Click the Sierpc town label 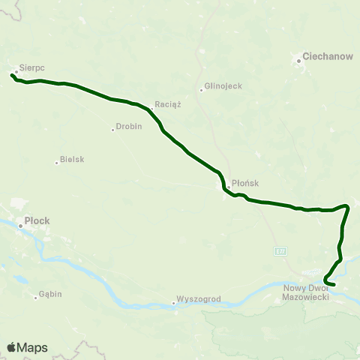click(x=32, y=67)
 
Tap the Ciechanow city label click(x=318, y=57)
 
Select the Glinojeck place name click(x=223, y=86)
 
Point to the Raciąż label click(x=168, y=104)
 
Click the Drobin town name click(x=128, y=127)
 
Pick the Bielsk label click(x=72, y=160)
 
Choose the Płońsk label click(x=245, y=181)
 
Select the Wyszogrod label click(x=199, y=298)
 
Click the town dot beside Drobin click(x=112, y=129)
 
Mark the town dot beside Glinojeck click(x=201, y=91)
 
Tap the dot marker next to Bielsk click(x=57, y=162)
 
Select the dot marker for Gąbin click(x=35, y=298)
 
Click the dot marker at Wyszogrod click(x=173, y=303)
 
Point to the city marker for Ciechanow click(x=298, y=58)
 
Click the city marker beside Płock click(x=20, y=222)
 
